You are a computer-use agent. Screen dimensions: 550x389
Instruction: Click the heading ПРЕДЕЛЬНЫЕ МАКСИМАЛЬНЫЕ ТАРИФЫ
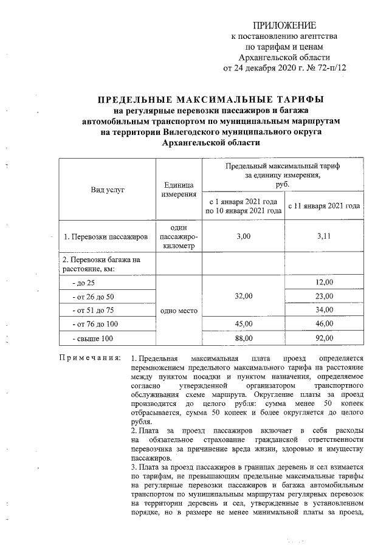pyautogui.click(x=211, y=99)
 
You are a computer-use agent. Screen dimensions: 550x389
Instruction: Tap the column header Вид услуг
pyautogui.click(x=108, y=190)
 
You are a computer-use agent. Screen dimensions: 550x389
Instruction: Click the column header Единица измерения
pyautogui.click(x=178, y=189)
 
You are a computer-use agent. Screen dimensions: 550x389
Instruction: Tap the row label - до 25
pyautogui.click(x=83, y=283)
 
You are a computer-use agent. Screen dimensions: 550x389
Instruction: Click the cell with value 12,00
pyautogui.click(x=324, y=283)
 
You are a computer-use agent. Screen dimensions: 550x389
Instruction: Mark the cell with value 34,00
pyautogui.click(x=324, y=310)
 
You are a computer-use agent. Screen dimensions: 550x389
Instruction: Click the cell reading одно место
pyautogui.click(x=178, y=310)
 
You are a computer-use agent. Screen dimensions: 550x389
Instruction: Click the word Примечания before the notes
pyautogui.click(x=89, y=354)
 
